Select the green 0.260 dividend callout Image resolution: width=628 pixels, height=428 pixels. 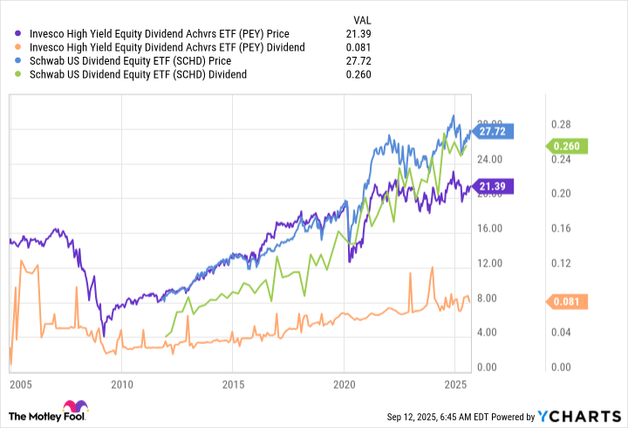tap(570, 147)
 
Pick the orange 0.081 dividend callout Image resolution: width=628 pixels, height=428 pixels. tap(569, 302)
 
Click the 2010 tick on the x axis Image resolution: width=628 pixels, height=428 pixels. tap(121, 384)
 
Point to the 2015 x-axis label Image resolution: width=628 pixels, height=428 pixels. tap(233, 384)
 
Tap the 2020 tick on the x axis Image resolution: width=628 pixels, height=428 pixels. tap(344, 384)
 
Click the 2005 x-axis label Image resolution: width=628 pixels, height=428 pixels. tap(20, 384)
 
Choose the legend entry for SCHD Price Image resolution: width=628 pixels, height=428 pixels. tap(128, 60)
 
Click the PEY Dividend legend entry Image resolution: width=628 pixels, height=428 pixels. tap(167, 46)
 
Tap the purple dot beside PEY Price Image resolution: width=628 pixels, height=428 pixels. tap(18, 32)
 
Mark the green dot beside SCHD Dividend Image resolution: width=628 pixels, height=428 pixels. tap(18, 74)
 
